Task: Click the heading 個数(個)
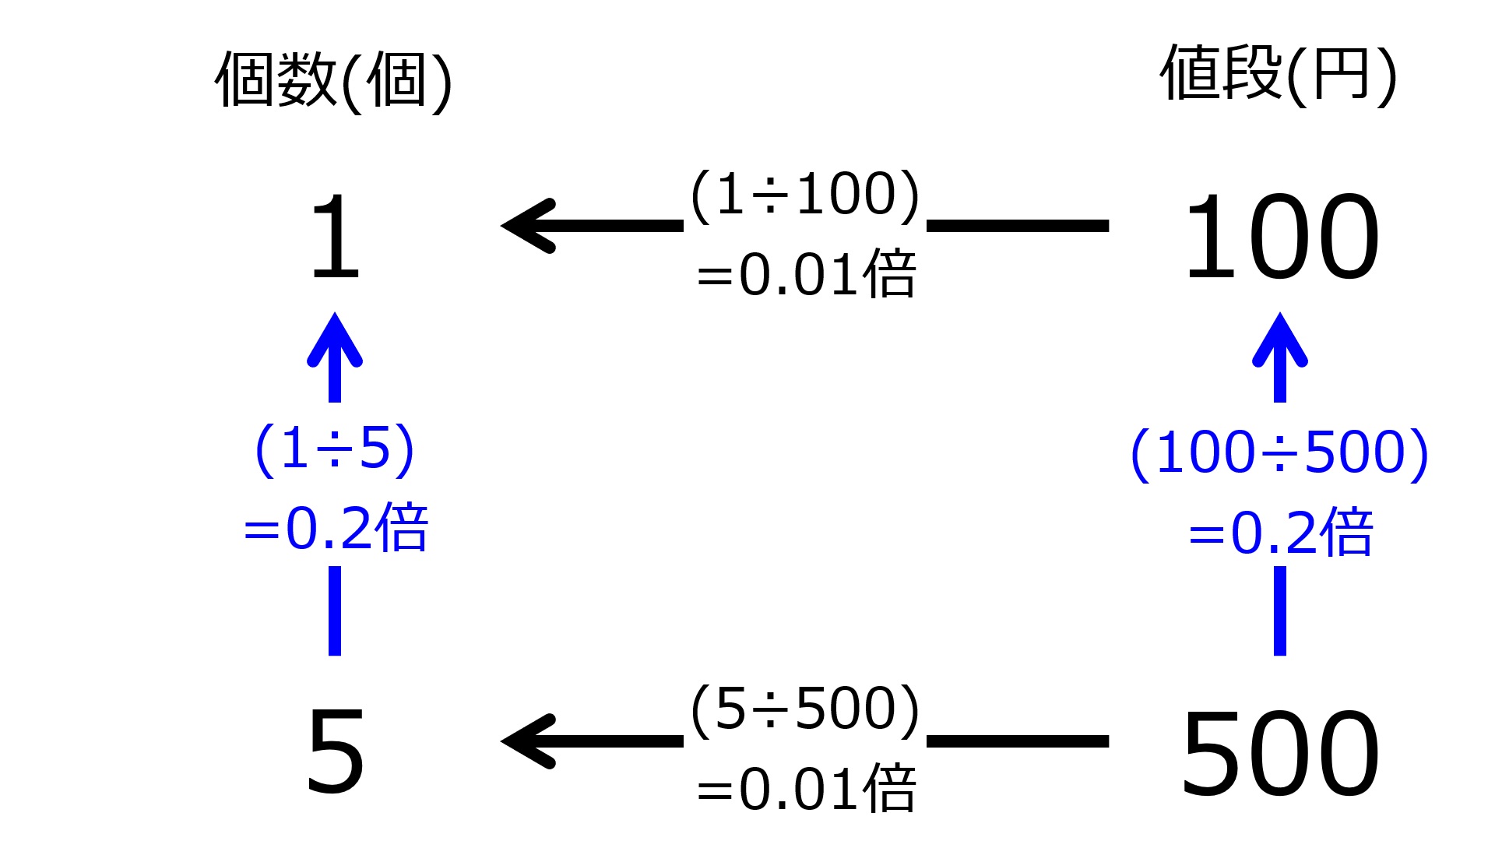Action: (x=333, y=81)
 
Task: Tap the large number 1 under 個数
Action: (x=336, y=237)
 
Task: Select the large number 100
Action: (x=1281, y=237)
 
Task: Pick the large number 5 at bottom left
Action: (x=336, y=752)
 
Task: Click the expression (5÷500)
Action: (x=805, y=709)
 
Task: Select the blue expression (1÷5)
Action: (x=335, y=449)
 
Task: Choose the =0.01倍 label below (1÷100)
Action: (x=806, y=274)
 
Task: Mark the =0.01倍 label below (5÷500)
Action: (x=806, y=788)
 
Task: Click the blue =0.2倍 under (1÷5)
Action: (x=336, y=528)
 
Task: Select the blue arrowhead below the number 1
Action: (x=335, y=341)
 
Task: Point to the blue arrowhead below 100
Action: (x=1280, y=341)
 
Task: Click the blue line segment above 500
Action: (x=1280, y=611)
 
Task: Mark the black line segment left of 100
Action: (x=1018, y=226)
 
